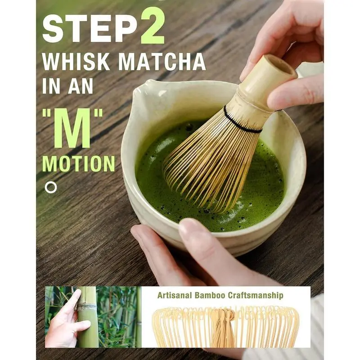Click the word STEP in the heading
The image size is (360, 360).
tap(90, 29)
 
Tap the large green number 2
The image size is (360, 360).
tap(153, 25)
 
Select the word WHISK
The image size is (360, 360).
tap(76, 62)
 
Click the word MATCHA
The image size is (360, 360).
tap(162, 62)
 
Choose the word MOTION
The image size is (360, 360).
tap(78, 163)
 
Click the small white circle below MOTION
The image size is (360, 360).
tap(51, 187)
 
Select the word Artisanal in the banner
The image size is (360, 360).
tap(175, 295)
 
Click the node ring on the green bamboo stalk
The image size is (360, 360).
tap(87, 308)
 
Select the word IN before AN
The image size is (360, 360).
tap(52, 86)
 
